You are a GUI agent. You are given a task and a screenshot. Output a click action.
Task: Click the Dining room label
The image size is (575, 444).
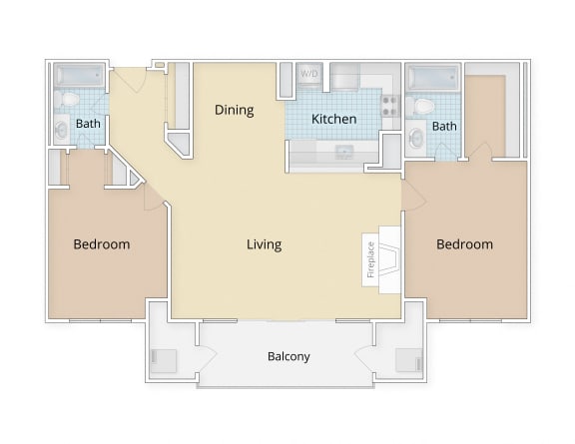pos(235,110)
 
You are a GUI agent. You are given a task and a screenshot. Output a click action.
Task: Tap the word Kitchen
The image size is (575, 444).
pos(333,119)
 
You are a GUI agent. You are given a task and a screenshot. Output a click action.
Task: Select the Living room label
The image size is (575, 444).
pos(265,244)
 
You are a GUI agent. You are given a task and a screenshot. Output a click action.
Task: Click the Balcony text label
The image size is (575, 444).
pos(288,356)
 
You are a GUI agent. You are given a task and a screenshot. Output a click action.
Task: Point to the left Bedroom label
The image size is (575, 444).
pos(102,244)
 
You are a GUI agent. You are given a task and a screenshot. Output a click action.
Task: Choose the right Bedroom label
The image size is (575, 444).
pos(464,244)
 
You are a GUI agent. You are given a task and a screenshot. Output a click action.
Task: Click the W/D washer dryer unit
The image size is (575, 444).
pos(309,75)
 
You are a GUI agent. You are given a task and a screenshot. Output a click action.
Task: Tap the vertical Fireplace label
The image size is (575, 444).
pos(370,258)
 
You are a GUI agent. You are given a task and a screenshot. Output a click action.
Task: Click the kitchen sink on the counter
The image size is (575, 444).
pos(344,152)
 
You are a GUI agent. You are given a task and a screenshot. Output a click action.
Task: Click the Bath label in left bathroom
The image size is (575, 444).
pos(88,125)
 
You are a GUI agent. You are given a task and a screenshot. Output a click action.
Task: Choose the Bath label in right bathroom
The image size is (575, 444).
pos(444,127)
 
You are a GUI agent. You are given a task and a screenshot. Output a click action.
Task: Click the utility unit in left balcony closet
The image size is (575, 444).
pos(163,359)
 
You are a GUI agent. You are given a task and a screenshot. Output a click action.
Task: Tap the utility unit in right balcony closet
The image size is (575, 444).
pos(409,359)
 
